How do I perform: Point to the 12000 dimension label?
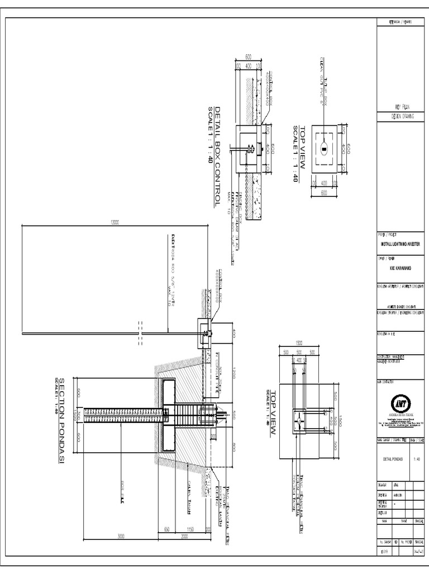click(116, 222)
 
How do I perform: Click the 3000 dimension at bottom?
click(121, 536)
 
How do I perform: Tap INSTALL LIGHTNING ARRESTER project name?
click(400, 244)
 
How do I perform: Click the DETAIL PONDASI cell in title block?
click(393, 459)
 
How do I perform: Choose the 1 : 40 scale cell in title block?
click(416, 459)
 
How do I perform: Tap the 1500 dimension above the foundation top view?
click(298, 343)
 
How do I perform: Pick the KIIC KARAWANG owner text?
click(400, 267)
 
